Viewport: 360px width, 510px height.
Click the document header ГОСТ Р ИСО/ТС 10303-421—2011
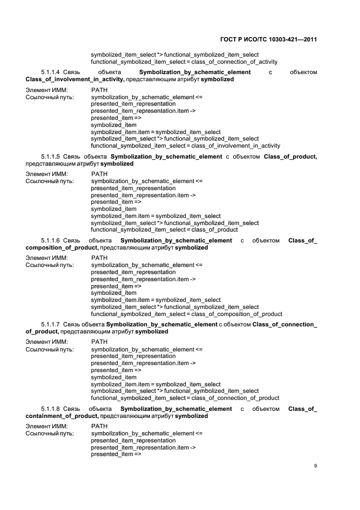(268, 40)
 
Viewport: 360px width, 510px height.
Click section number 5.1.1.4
(50, 72)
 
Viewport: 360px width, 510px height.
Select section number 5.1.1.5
(50, 157)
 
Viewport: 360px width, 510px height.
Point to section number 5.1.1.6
(50, 241)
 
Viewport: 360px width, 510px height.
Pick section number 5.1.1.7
(50, 325)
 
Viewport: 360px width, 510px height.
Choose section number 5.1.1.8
(50, 409)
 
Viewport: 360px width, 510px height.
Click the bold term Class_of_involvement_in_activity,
(75, 80)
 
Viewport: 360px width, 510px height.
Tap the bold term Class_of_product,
(290, 157)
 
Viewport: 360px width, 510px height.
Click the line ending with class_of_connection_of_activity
(184, 62)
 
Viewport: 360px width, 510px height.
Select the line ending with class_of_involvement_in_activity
(185, 146)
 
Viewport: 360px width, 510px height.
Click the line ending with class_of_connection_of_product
(185, 398)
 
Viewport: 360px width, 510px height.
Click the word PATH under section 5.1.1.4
(100, 90)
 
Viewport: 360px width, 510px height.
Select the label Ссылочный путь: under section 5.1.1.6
(50, 265)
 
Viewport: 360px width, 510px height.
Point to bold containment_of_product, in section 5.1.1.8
(62, 416)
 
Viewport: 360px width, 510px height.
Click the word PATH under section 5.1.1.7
(100, 342)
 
